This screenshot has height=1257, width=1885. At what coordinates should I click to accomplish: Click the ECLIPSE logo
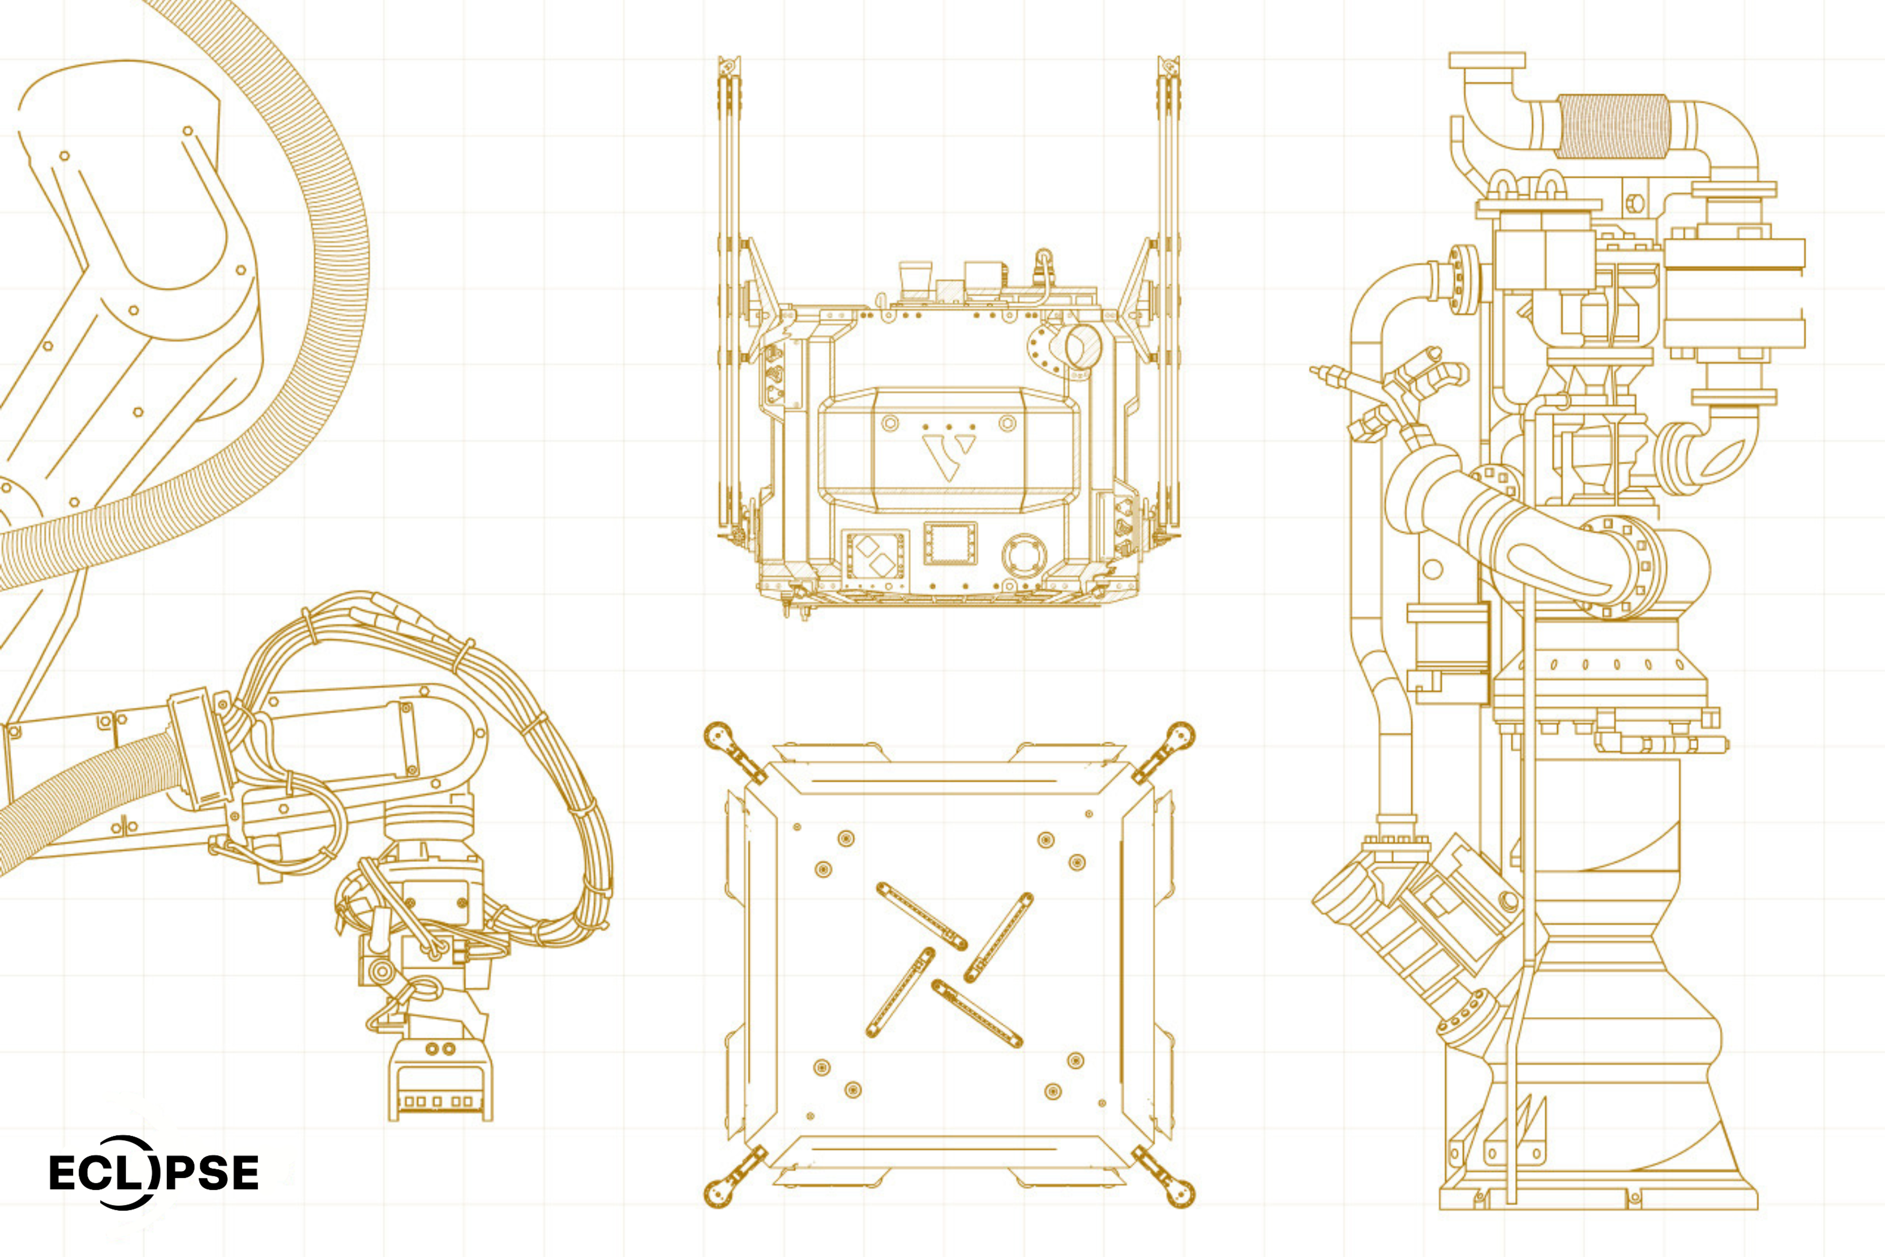click(x=154, y=1172)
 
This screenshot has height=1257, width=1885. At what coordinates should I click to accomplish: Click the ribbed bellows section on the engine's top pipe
click(x=1611, y=127)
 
